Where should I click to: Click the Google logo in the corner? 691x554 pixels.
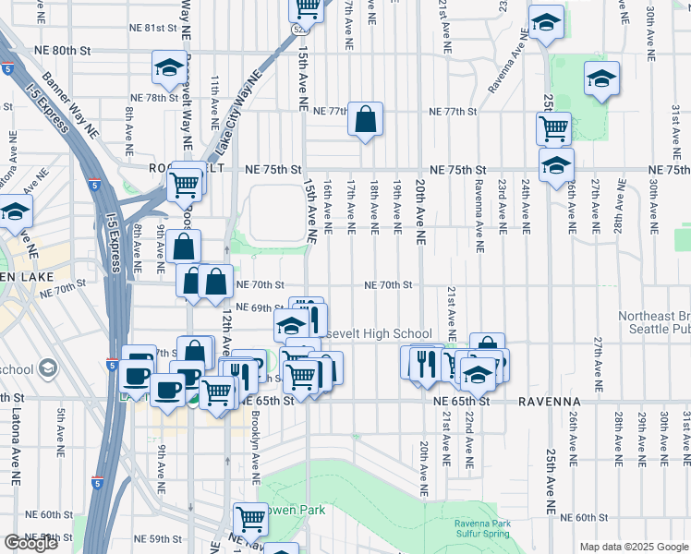pyautogui.click(x=30, y=543)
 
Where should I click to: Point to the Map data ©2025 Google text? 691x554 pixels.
pyautogui.click(x=633, y=547)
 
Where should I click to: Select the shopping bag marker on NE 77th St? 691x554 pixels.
pyautogui.click(x=366, y=119)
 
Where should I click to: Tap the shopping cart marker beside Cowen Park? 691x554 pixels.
pyautogui.click(x=250, y=519)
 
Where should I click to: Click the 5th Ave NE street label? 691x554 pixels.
pyautogui.click(x=62, y=429)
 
